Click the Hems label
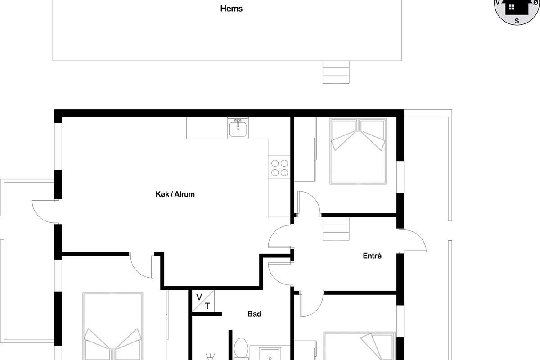point(231,9)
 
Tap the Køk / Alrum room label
point(175,194)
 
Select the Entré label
point(372,256)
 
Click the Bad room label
point(255,314)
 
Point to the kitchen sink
point(238,128)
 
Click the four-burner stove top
point(279,168)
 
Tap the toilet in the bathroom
point(241,349)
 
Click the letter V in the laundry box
point(199,297)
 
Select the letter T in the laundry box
point(207,306)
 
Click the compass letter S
point(517,21)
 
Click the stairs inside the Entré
point(336,229)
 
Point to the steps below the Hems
point(336,72)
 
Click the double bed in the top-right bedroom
point(358,151)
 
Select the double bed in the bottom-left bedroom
point(112,326)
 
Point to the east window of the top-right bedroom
point(400,177)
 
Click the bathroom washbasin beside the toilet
point(270,354)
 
